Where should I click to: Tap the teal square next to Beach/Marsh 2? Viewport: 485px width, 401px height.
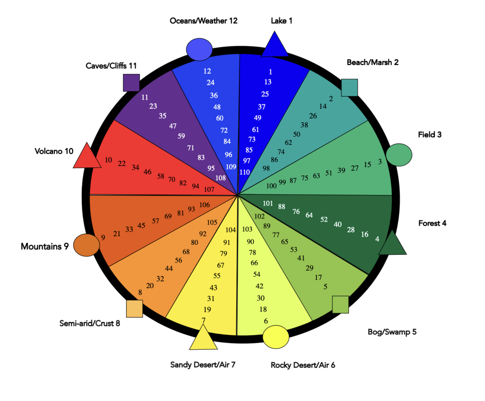pos(349,88)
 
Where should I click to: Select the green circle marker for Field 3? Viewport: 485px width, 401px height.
pos(399,155)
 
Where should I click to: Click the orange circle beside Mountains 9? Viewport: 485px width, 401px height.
pos(87,245)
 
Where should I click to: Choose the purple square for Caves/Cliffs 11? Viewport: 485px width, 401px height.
pos(131,83)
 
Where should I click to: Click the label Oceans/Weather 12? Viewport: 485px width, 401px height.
pos(204,21)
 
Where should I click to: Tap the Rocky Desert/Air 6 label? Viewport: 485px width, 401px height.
pos(303,365)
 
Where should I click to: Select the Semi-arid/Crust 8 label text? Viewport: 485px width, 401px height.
pos(89,323)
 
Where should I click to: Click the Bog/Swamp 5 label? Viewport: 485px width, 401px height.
pos(392,332)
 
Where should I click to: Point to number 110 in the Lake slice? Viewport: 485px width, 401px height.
pos(245,172)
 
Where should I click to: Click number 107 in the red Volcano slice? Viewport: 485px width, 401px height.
pos(209,189)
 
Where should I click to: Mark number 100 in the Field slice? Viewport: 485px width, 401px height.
pos(271,186)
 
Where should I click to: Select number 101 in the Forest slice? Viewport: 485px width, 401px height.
pos(268,203)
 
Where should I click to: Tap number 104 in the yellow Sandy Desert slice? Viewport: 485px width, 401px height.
pos(231,230)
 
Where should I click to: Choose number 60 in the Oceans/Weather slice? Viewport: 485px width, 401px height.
pos(220,118)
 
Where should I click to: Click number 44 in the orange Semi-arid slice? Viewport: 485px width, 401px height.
pos(169,269)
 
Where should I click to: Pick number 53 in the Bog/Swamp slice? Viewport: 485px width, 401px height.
pos(294,250)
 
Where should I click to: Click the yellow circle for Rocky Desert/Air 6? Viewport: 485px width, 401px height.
pos(276,337)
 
